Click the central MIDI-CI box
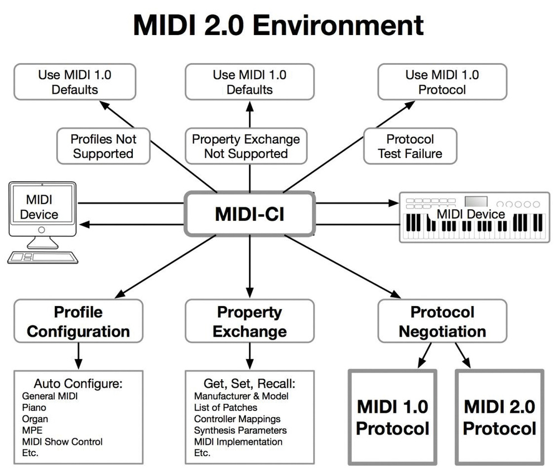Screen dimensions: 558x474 tap(249, 214)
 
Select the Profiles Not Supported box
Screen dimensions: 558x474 tap(103, 146)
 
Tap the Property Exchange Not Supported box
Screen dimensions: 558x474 tap(246, 146)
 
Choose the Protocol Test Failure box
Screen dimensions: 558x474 tap(410, 146)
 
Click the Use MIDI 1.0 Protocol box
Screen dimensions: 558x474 tap(442, 82)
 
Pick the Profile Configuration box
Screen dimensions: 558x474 tap(78, 321)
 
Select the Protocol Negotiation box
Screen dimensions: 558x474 tap(442, 321)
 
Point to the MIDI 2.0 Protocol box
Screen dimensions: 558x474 tap(499, 417)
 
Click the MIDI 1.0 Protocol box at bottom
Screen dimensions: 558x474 tap(392, 417)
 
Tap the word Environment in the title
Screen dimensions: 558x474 tap(338, 25)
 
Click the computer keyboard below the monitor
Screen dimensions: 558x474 tap(43, 258)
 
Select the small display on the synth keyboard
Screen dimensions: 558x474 tap(476, 201)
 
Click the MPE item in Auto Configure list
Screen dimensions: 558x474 tap(32, 431)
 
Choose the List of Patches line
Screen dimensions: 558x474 tap(225, 408)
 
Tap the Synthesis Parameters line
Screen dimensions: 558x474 tap(240, 431)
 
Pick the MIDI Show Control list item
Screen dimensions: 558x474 tap(62, 442)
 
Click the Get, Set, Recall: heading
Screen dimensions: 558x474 tap(249, 383)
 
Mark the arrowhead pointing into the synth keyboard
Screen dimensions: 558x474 tap(395, 204)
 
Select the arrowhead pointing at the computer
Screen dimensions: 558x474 tap(84, 224)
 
